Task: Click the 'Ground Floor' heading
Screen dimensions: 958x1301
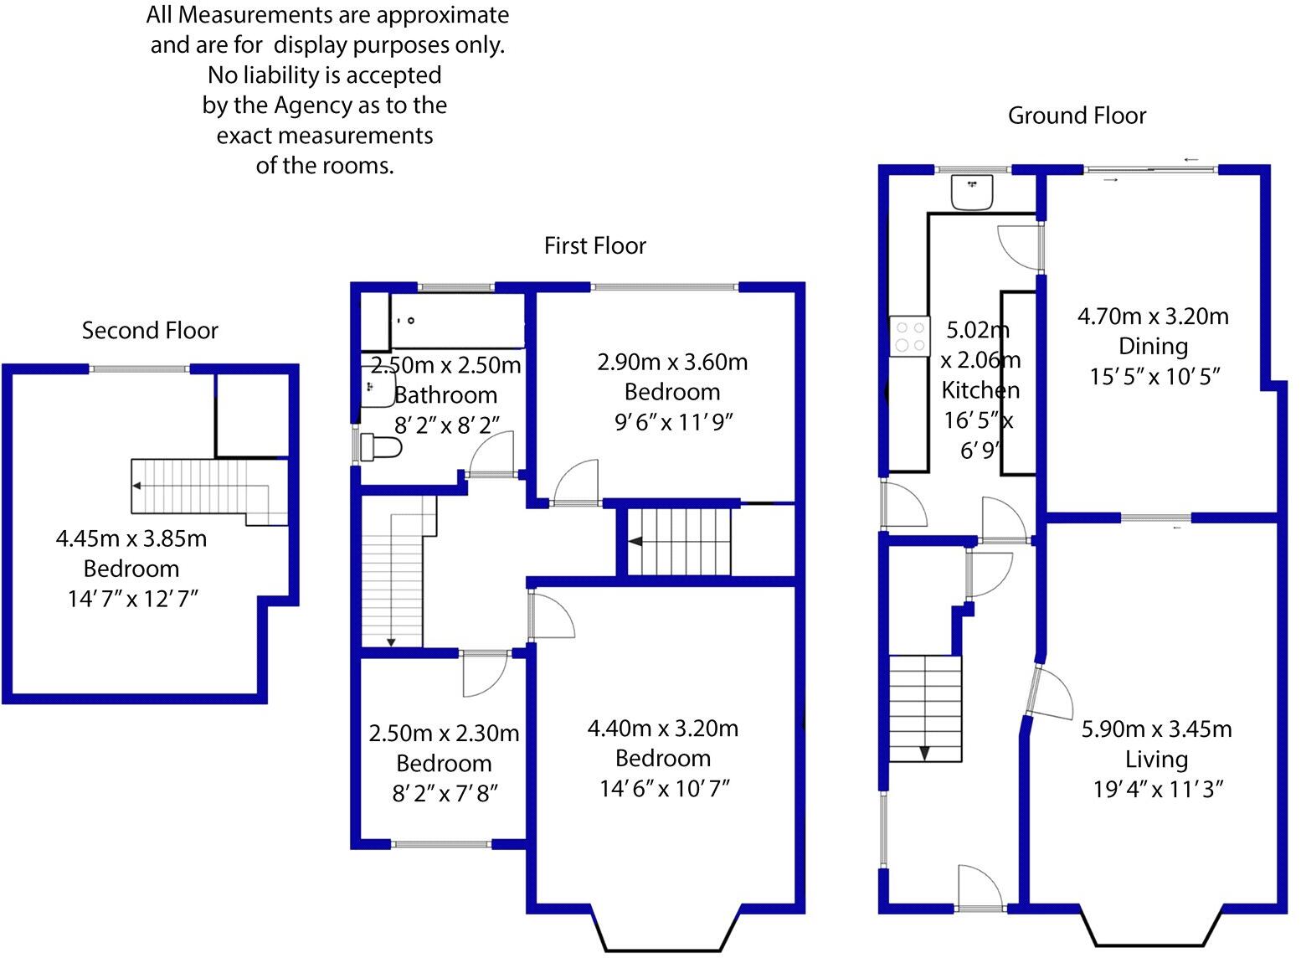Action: coord(1077,116)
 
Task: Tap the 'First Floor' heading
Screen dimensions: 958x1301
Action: coord(594,245)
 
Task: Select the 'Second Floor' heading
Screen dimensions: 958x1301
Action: coord(150,331)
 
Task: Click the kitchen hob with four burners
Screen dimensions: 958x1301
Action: coord(909,336)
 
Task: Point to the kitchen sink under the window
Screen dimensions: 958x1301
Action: coord(971,193)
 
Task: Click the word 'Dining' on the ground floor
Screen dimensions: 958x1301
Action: coord(1153,346)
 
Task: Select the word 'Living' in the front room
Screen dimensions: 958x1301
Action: coord(1156,760)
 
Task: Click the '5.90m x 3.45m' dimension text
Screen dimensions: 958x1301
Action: coord(1156,729)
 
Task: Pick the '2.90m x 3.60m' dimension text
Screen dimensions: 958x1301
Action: coord(672,362)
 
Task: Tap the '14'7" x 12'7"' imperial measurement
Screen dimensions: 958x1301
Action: coord(132,599)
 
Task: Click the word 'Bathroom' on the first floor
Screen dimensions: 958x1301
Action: coord(445,394)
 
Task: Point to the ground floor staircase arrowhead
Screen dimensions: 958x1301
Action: coord(924,753)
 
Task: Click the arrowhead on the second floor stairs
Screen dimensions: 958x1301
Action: coord(136,486)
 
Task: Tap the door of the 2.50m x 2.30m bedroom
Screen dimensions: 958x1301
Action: coord(486,674)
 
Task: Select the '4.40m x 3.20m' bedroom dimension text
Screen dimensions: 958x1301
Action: coord(663,729)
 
